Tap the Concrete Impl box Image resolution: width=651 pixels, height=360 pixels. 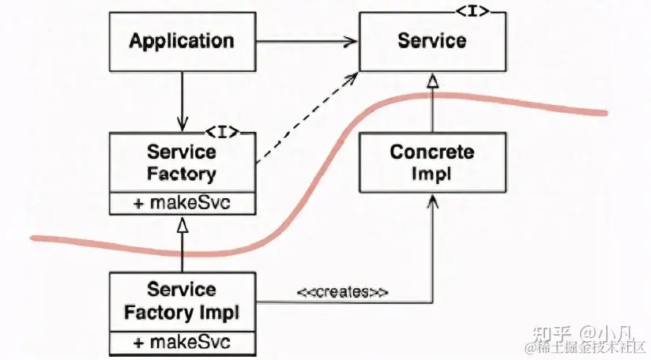[432, 162]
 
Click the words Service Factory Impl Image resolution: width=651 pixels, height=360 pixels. [182, 302]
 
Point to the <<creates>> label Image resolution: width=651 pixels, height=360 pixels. [342, 292]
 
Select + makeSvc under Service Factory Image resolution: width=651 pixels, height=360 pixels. [182, 203]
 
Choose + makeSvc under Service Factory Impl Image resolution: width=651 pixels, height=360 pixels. [182, 343]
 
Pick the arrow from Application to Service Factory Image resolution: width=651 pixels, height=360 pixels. [182, 99]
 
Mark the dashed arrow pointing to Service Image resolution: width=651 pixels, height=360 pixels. [304, 118]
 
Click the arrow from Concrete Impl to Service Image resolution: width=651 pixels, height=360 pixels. [432, 103]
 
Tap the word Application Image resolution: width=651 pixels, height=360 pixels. [182, 41]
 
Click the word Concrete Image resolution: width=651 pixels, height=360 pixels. [432, 152]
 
